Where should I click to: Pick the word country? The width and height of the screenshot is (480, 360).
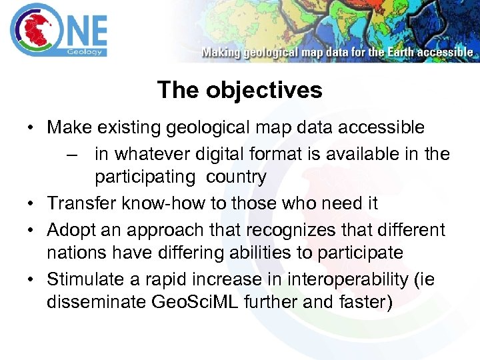[236, 177]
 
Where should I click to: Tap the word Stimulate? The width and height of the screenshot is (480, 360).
[85, 279]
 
